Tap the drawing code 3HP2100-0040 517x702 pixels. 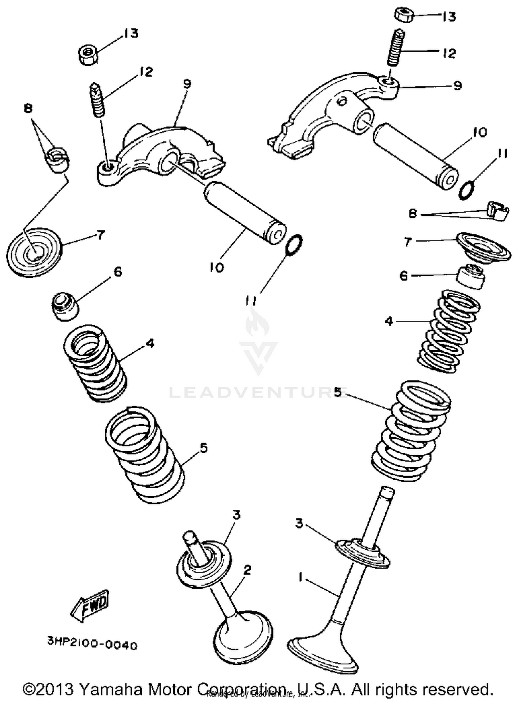[92, 644]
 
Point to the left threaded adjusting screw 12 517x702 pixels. [98, 100]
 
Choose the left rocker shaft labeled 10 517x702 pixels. [245, 213]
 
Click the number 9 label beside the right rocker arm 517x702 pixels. [457, 85]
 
